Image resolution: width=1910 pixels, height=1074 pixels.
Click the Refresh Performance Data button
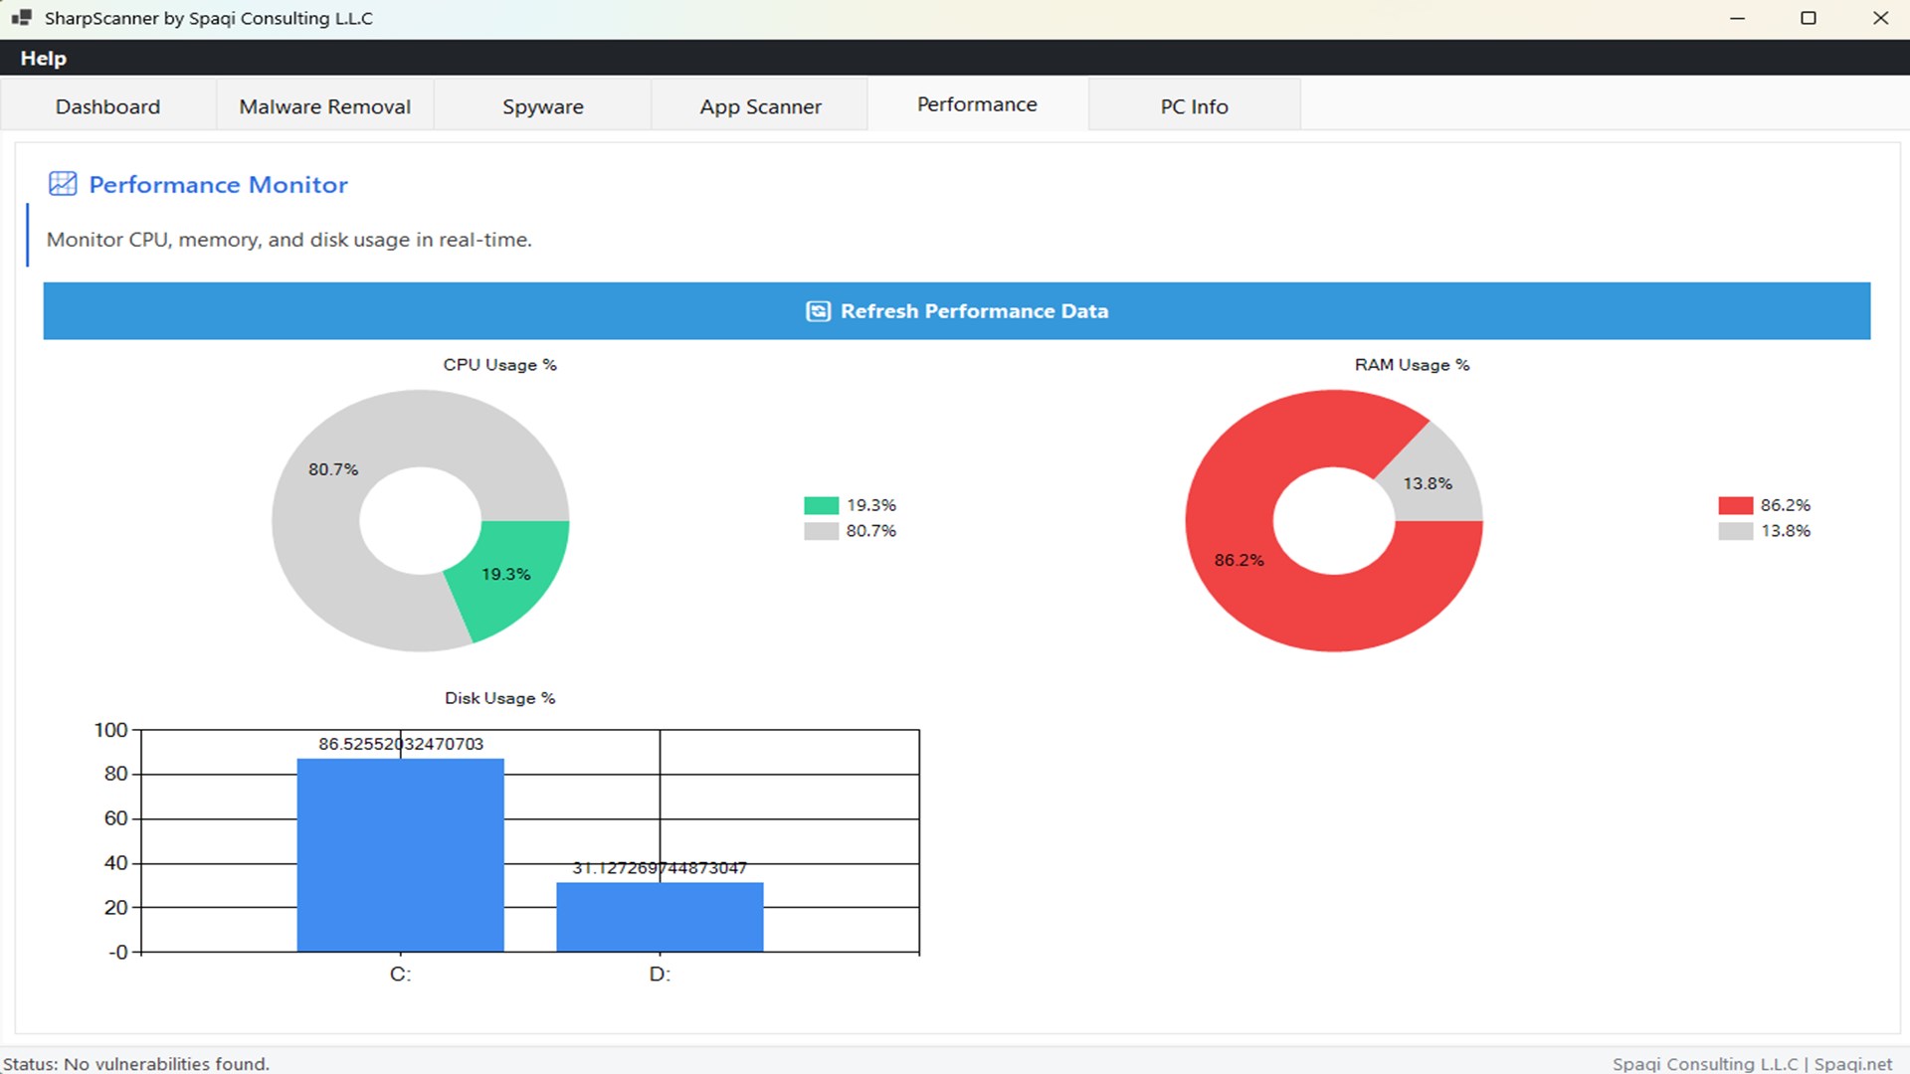point(956,311)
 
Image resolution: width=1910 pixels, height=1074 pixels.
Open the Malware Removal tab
point(324,106)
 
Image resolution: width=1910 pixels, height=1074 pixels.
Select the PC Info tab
point(1194,106)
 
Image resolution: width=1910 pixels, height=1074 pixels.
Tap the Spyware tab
point(542,106)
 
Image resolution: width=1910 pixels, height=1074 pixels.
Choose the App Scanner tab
point(760,106)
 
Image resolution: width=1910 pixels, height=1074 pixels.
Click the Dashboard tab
point(107,106)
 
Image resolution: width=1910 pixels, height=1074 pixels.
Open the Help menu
point(43,59)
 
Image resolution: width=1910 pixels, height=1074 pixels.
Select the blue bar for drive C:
point(400,855)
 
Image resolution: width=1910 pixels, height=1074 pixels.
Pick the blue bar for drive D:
point(660,917)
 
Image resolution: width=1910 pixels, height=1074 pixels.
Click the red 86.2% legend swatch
point(1735,505)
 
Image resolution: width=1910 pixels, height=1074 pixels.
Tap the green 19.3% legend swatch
point(821,505)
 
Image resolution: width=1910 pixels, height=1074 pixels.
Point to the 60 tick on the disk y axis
point(116,818)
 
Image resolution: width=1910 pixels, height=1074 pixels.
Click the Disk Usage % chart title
point(499,698)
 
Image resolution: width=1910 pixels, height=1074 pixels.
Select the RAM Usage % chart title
point(1412,365)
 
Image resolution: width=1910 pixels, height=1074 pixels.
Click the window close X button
point(1880,18)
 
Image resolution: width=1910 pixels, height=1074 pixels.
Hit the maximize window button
point(1809,18)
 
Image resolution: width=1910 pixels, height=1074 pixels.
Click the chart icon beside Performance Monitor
point(63,184)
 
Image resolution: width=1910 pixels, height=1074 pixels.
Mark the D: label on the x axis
point(660,975)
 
